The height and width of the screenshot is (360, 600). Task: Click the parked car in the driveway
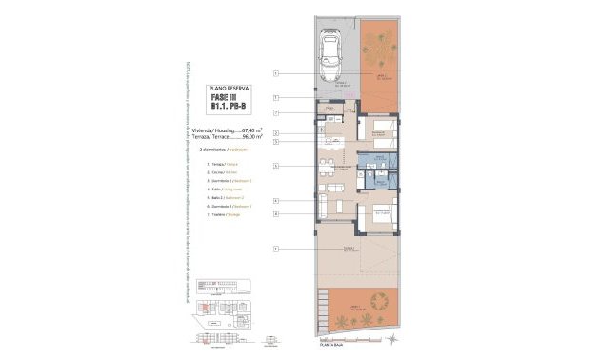[332, 57]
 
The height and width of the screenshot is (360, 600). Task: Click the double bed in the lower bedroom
[381, 214]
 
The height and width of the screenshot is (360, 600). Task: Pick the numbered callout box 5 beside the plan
[274, 142]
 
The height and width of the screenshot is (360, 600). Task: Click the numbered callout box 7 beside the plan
[274, 113]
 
